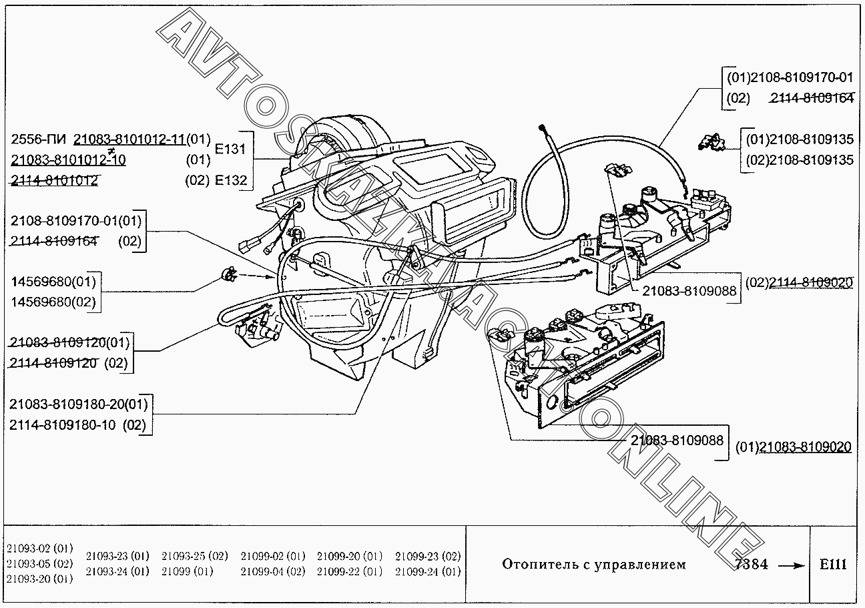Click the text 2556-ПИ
39,139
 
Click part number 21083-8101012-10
68,160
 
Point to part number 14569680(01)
53,281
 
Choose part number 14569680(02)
53,302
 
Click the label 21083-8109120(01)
69,343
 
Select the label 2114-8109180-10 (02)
77,425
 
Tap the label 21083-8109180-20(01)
79,404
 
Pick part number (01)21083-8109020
793,447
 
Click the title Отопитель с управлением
593,565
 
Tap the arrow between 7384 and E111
792,565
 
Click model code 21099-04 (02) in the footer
272,571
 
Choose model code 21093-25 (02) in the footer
194,556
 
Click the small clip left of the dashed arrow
229,273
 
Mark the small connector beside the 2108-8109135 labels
709,141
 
